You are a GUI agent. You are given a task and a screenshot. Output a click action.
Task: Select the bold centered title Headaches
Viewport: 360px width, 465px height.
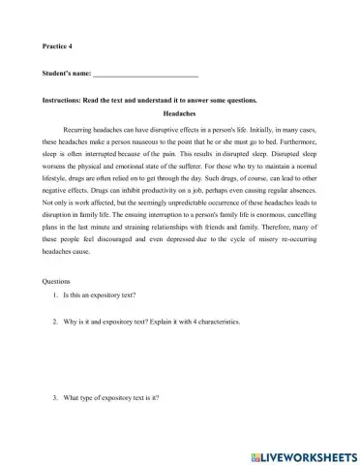pyautogui.click(x=179, y=113)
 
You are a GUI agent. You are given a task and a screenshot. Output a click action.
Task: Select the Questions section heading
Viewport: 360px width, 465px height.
pyautogui.click(x=60, y=281)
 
